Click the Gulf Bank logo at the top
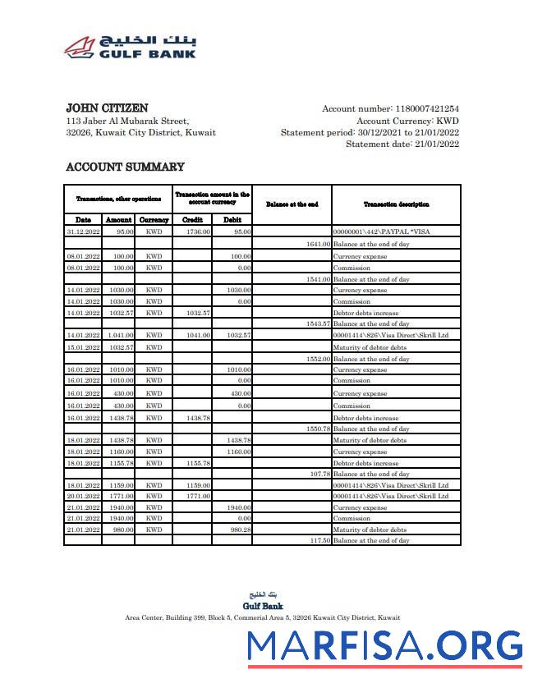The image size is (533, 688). pos(131,47)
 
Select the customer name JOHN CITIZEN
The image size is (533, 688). pos(107,108)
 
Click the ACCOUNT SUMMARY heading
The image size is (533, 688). pos(125,167)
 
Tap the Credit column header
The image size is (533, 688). pos(192,220)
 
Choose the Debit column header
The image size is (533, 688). pos(232,220)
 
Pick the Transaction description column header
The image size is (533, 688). pos(396,204)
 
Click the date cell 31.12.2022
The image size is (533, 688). pos(84,232)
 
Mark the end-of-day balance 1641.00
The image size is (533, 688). pos(317,244)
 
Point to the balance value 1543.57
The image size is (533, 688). pos(317,323)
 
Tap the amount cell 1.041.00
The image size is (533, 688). pos(120,335)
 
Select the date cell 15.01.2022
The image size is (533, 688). pos(84,347)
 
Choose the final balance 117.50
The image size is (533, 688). pos(319,541)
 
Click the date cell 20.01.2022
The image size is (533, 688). pos(84,496)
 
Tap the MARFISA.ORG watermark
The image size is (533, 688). pos(385,646)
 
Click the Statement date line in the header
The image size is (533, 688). pos(402,144)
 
